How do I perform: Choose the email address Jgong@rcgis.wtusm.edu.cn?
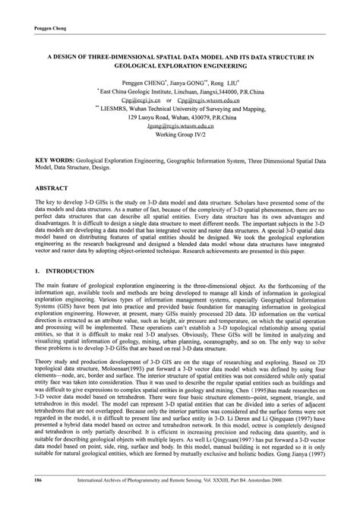pyautogui.click(x=180, y=128)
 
